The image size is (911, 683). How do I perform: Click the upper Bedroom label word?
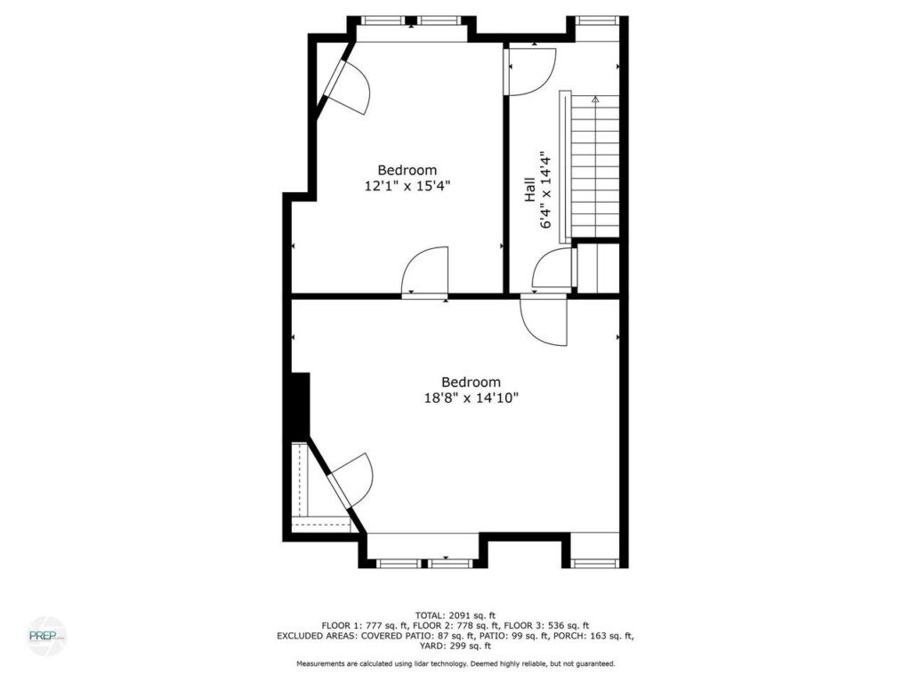coord(407,170)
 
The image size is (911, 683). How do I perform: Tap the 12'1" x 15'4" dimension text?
coord(407,187)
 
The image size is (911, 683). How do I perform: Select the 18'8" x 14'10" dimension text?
coord(472,398)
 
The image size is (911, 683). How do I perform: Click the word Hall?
coord(530,190)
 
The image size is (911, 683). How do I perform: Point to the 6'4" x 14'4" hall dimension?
coord(545,190)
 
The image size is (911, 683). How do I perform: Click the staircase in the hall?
coord(595,167)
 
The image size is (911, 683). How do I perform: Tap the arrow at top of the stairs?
coord(595,100)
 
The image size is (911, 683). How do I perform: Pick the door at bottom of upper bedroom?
coord(424,271)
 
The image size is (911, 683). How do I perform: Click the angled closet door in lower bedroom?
coord(349,479)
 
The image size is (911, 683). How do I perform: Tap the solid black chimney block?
coord(299,406)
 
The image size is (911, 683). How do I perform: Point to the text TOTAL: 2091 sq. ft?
coord(455,615)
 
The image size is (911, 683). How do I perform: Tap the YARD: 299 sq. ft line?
coord(455,646)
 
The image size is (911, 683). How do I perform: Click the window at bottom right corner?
coord(595,563)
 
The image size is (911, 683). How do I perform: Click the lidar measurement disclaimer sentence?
coord(455,663)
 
